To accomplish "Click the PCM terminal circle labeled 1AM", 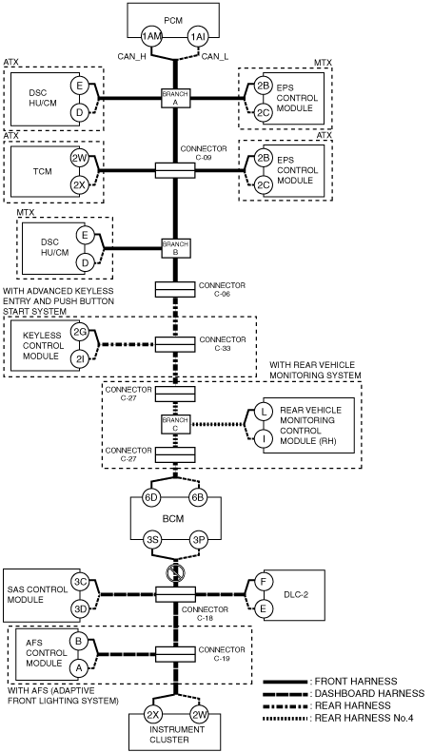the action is coord(150,37).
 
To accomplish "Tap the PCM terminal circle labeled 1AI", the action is coord(197,37).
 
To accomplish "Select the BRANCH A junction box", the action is coord(175,98).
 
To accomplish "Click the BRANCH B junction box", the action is coord(175,248).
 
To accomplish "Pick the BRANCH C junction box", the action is coord(175,424).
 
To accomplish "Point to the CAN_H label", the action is coord(132,57).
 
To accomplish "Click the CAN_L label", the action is coord(214,57).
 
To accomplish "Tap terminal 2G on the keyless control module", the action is coord(79,332).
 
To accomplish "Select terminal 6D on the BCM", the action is coord(150,497).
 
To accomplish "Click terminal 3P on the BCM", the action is coord(199,540).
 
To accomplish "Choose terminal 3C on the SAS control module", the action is coord(80,582).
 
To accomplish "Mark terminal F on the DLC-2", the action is coord(263,581).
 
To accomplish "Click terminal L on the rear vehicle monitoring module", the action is coord(263,411).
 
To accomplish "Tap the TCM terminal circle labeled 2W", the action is coord(79,158).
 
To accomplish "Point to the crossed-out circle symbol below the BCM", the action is coord(174,572).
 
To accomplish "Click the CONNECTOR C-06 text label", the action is coord(222,289).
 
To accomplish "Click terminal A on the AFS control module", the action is coord(78,667).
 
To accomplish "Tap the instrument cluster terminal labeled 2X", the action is coord(152,715).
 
